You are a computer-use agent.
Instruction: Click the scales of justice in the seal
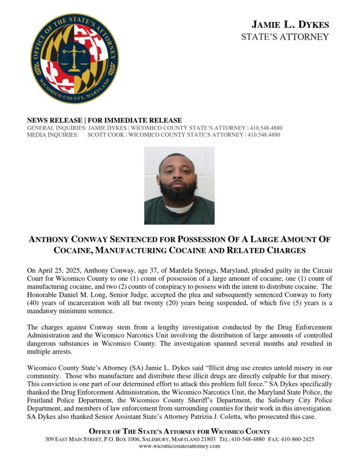click(x=74, y=58)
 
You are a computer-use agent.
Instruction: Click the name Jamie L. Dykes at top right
click(x=290, y=25)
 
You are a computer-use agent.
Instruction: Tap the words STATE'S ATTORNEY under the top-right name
click(x=284, y=37)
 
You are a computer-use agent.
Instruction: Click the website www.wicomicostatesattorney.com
click(x=179, y=446)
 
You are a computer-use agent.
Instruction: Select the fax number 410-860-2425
click(x=298, y=440)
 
